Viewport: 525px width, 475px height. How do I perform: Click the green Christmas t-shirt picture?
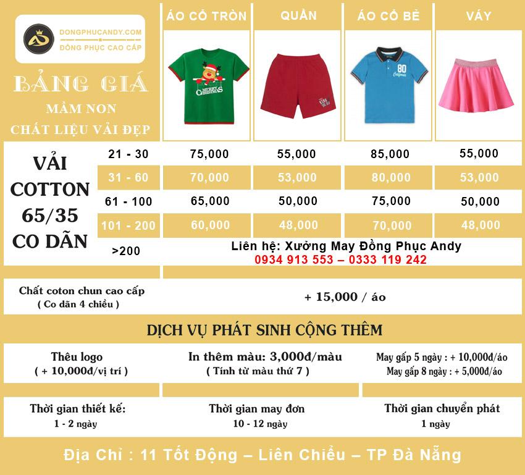(208, 85)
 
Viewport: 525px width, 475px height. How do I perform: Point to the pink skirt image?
(479, 85)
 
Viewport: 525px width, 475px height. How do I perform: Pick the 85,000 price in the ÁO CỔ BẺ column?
(390, 154)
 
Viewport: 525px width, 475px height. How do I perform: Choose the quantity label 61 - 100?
(128, 201)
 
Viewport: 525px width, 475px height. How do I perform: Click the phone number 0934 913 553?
(293, 260)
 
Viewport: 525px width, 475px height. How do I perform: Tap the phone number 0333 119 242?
(388, 260)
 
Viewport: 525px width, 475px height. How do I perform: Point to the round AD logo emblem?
(39, 39)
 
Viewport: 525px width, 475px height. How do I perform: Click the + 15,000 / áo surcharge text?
(345, 297)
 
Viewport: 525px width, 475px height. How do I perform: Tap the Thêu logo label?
(77, 357)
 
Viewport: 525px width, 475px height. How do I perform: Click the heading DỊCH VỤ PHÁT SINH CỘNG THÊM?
(264, 329)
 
